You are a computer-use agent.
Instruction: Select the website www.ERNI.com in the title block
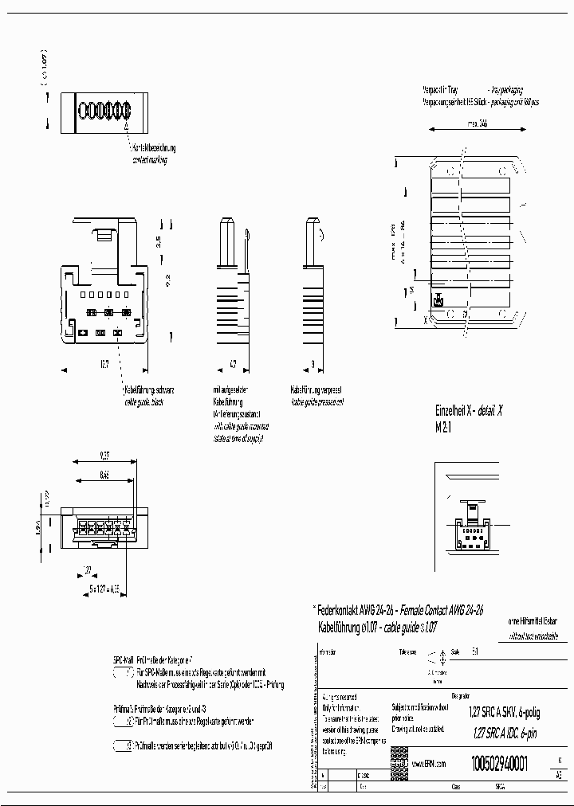pyautogui.click(x=428, y=763)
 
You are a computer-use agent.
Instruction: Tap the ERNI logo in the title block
pyautogui.click(x=399, y=762)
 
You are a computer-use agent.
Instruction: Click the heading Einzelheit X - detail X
pyautogui.click(x=469, y=411)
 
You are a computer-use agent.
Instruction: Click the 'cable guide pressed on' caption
pyautogui.click(x=316, y=402)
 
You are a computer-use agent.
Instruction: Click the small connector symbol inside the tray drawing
pyautogui.click(x=438, y=301)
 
